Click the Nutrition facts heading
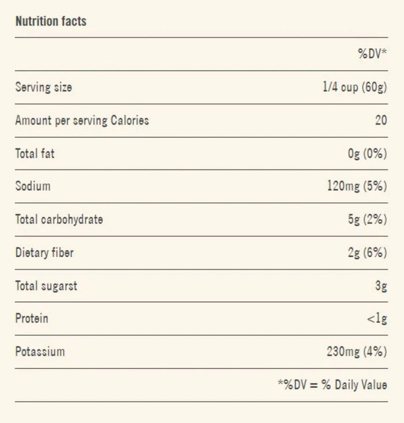point(51,21)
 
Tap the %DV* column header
point(372,54)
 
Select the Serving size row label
point(44,87)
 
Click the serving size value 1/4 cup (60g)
point(355,87)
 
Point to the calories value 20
point(381,120)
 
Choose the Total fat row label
point(35,153)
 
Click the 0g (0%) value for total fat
point(368,153)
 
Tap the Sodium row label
point(33,186)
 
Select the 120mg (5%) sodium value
point(357,186)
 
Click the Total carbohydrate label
point(59,220)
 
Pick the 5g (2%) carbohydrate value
point(368,220)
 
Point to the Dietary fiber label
point(44,253)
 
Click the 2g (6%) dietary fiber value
point(368,253)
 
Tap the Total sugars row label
point(46,286)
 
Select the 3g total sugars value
point(381,286)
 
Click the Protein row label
point(32,318)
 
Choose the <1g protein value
point(377,319)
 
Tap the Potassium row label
point(40,352)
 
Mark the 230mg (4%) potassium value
point(357,352)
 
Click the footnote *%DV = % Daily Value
point(332,385)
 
